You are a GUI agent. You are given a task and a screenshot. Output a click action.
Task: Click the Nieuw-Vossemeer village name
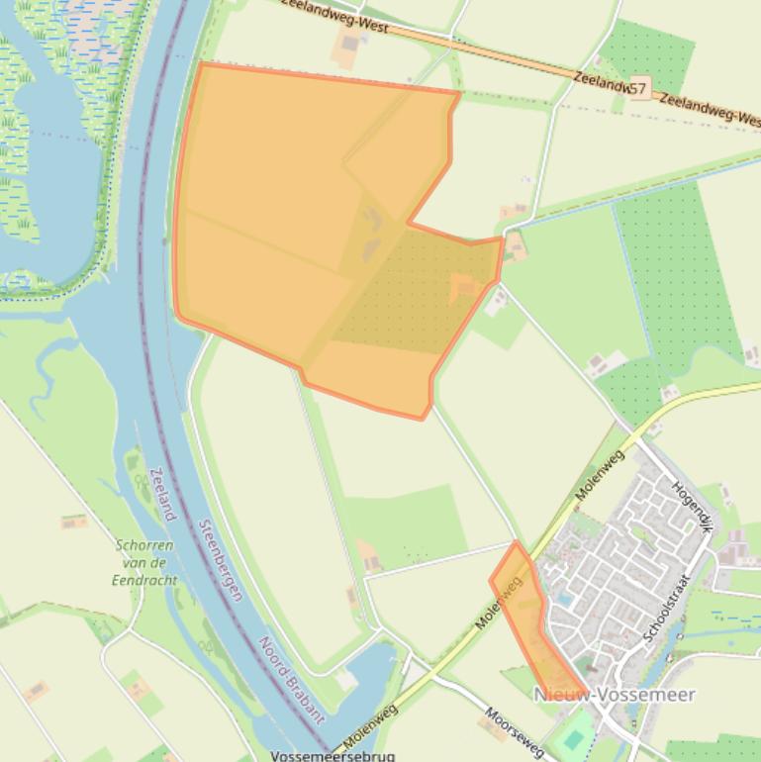coord(615,695)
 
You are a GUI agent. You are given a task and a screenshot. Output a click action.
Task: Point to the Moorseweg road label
coord(514,733)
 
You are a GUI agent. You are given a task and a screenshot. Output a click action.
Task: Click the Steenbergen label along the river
coord(221,560)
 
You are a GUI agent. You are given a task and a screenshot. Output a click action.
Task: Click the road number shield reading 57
coord(637,89)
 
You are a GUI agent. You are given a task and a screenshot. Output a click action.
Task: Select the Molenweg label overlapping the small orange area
coord(499,603)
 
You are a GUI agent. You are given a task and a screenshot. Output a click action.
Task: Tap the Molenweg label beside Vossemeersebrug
coord(371,724)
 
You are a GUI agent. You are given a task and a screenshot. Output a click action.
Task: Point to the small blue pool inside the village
coord(564,599)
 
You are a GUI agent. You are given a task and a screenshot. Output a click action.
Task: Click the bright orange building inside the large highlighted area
coord(462,287)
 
